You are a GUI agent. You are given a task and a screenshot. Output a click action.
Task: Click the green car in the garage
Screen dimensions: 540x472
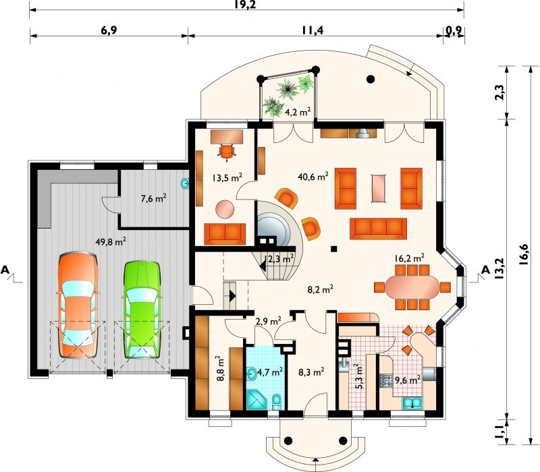(142, 310)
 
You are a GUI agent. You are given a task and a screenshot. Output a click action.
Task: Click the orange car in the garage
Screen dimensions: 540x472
(78, 305)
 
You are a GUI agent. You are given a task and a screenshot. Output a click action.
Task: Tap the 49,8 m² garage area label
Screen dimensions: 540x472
(111, 241)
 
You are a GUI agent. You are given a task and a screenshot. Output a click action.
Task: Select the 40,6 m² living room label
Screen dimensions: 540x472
(313, 177)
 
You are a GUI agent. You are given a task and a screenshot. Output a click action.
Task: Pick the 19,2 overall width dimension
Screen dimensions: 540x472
(246, 5)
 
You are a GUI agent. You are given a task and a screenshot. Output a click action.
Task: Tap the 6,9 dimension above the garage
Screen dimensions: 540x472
(109, 30)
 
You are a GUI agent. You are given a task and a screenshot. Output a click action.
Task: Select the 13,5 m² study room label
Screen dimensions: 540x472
(227, 178)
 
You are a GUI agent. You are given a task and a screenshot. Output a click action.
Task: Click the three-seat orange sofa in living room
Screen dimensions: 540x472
(378, 229)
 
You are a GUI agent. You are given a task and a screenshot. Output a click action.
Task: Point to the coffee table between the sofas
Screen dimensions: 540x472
(379, 189)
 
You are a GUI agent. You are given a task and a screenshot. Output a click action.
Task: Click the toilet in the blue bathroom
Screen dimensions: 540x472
(277, 402)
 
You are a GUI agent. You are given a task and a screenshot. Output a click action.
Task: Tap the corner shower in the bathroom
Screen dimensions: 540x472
(256, 399)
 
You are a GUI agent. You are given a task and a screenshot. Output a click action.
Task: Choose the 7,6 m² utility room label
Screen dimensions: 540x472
(154, 198)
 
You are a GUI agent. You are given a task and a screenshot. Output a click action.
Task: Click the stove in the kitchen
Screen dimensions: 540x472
(386, 381)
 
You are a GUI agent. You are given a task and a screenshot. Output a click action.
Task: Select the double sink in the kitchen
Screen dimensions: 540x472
(412, 403)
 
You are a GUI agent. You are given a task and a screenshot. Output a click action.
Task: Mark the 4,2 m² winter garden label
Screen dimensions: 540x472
(298, 111)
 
